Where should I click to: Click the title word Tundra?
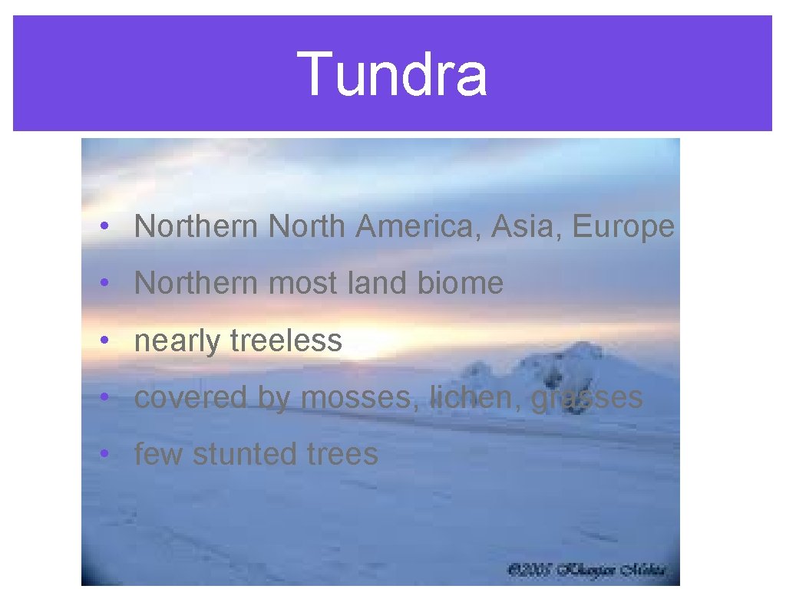pos(392,74)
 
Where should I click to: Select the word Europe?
pos(623,227)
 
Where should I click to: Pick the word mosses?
pos(360,397)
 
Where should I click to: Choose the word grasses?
pos(586,397)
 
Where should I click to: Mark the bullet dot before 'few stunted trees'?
pos(103,454)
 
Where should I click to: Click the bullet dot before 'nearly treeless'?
pos(103,341)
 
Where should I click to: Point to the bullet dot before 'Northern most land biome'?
pos(103,284)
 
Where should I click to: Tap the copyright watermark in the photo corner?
pos(586,571)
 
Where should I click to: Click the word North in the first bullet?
pos(308,226)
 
